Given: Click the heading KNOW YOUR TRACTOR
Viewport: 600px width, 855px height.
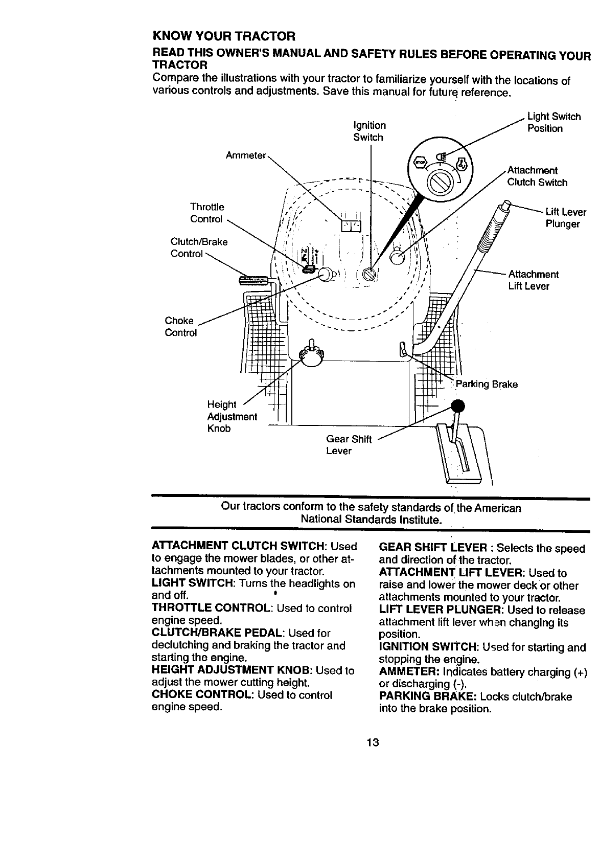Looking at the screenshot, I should [x=224, y=37].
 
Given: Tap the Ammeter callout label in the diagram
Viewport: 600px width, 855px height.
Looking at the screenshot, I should [x=245, y=155].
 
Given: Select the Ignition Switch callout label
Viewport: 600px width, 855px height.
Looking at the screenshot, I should [x=370, y=131].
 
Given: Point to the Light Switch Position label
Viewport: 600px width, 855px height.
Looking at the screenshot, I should [x=553, y=122].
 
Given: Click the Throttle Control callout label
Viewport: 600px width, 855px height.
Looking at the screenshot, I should [x=207, y=213].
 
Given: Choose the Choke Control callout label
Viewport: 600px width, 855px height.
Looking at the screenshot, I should [x=180, y=327].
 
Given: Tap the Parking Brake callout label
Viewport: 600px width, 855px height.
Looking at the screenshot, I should [x=487, y=384].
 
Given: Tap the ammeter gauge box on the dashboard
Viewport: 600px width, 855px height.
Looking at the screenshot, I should [x=351, y=226].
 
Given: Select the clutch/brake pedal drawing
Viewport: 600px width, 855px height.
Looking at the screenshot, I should [x=254, y=280].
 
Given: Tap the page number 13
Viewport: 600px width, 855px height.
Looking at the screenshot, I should [x=372, y=742].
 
